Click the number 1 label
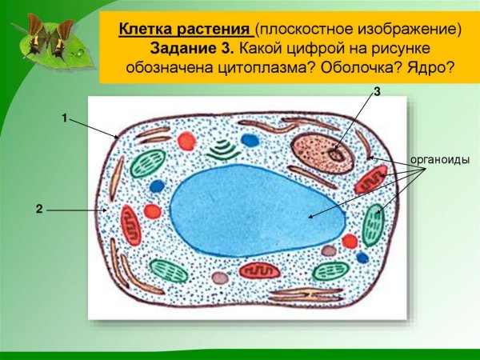[x=64, y=118]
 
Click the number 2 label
[x=38, y=209]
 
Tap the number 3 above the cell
[x=377, y=94]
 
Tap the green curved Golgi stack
[x=222, y=150]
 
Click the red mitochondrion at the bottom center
[x=260, y=271]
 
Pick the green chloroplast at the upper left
[x=148, y=163]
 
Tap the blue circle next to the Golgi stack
[x=250, y=141]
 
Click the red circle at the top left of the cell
[x=186, y=142]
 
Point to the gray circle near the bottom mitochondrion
[x=220, y=278]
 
